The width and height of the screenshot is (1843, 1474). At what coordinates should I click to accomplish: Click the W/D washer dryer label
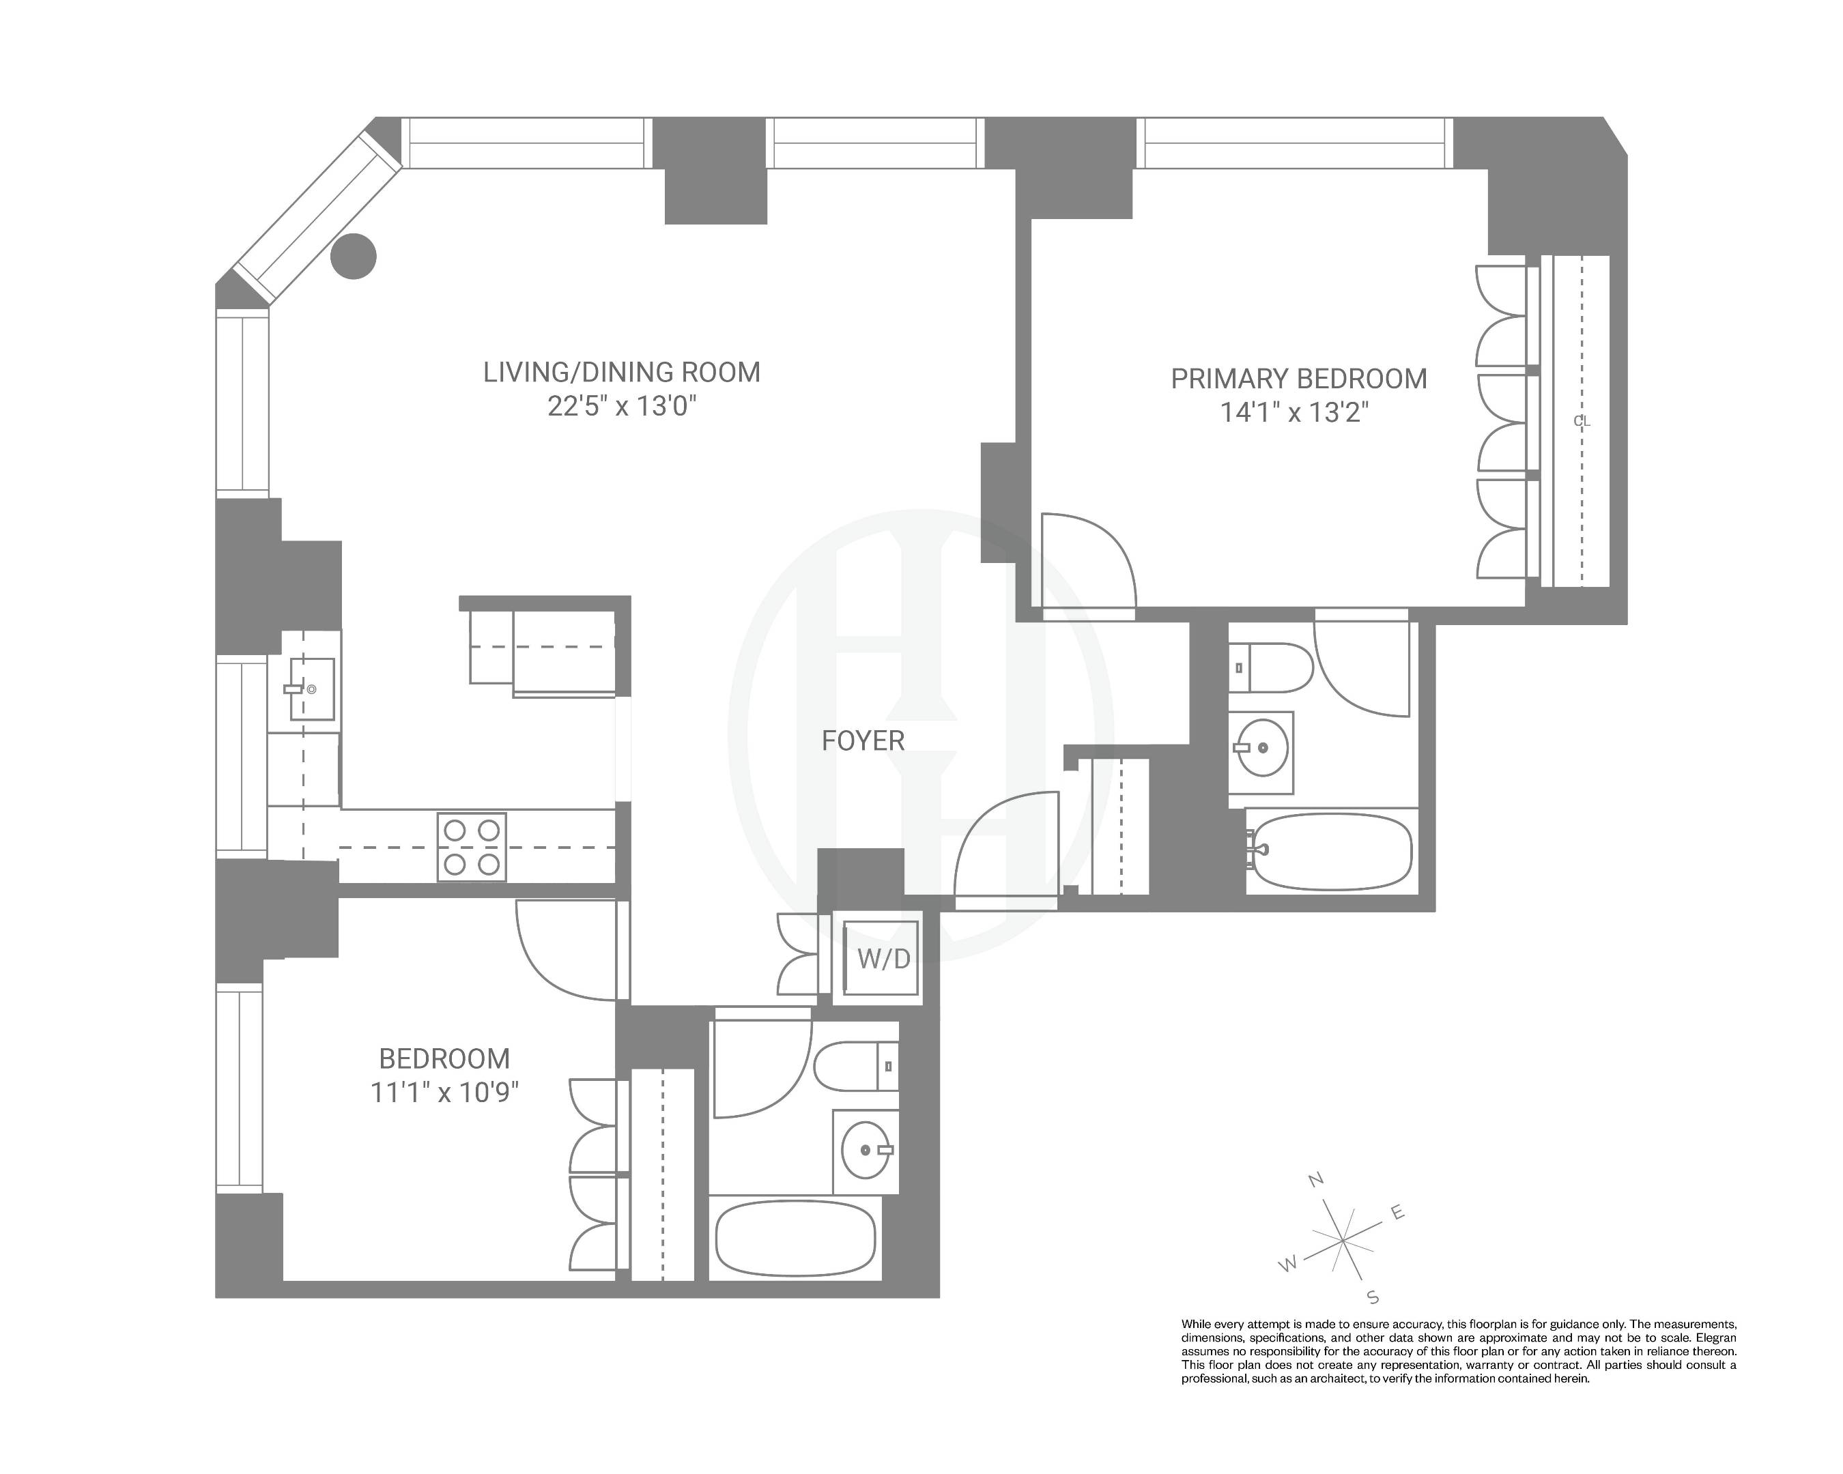point(884,959)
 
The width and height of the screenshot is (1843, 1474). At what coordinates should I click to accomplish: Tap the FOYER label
point(863,741)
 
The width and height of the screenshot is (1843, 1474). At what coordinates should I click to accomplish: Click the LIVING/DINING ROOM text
point(621,373)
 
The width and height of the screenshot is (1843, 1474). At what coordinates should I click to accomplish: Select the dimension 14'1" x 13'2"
point(1294,414)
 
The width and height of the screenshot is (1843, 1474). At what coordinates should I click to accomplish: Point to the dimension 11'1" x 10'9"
point(444,1093)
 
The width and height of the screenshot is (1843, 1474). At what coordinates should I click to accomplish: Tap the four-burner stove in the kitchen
point(471,848)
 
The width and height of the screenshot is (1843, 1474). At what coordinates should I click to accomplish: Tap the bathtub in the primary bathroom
point(1330,851)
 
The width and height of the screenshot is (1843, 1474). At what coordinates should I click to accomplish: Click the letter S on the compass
point(1373,1298)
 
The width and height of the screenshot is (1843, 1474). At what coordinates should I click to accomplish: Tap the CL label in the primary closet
point(1582,421)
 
